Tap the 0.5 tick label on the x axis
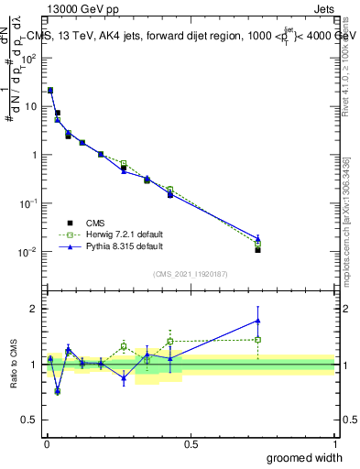191,443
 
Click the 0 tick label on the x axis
47,443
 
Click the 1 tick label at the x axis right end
334,443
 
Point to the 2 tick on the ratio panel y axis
34,309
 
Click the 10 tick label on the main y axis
30,106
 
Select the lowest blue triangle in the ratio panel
58,391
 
